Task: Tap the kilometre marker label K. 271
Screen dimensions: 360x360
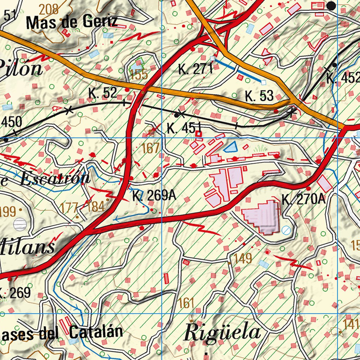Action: [196, 69]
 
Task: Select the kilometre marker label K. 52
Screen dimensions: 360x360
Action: [103, 93]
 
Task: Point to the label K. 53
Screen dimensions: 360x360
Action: [259, 96]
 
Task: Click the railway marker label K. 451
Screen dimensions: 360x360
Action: [184, 128]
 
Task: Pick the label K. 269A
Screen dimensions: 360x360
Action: [154, 196]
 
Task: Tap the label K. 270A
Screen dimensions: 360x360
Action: [304, 200]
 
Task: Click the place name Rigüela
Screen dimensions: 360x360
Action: [222, 333]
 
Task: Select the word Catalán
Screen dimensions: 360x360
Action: [96, 332]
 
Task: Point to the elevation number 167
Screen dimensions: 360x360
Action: [151, 148]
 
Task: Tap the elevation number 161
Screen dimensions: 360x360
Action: [186, 303]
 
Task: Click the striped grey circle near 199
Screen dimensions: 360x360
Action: [20, 224]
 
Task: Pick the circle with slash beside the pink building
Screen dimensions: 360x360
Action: [286, 230]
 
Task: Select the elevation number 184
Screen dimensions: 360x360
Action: [96, 207]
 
